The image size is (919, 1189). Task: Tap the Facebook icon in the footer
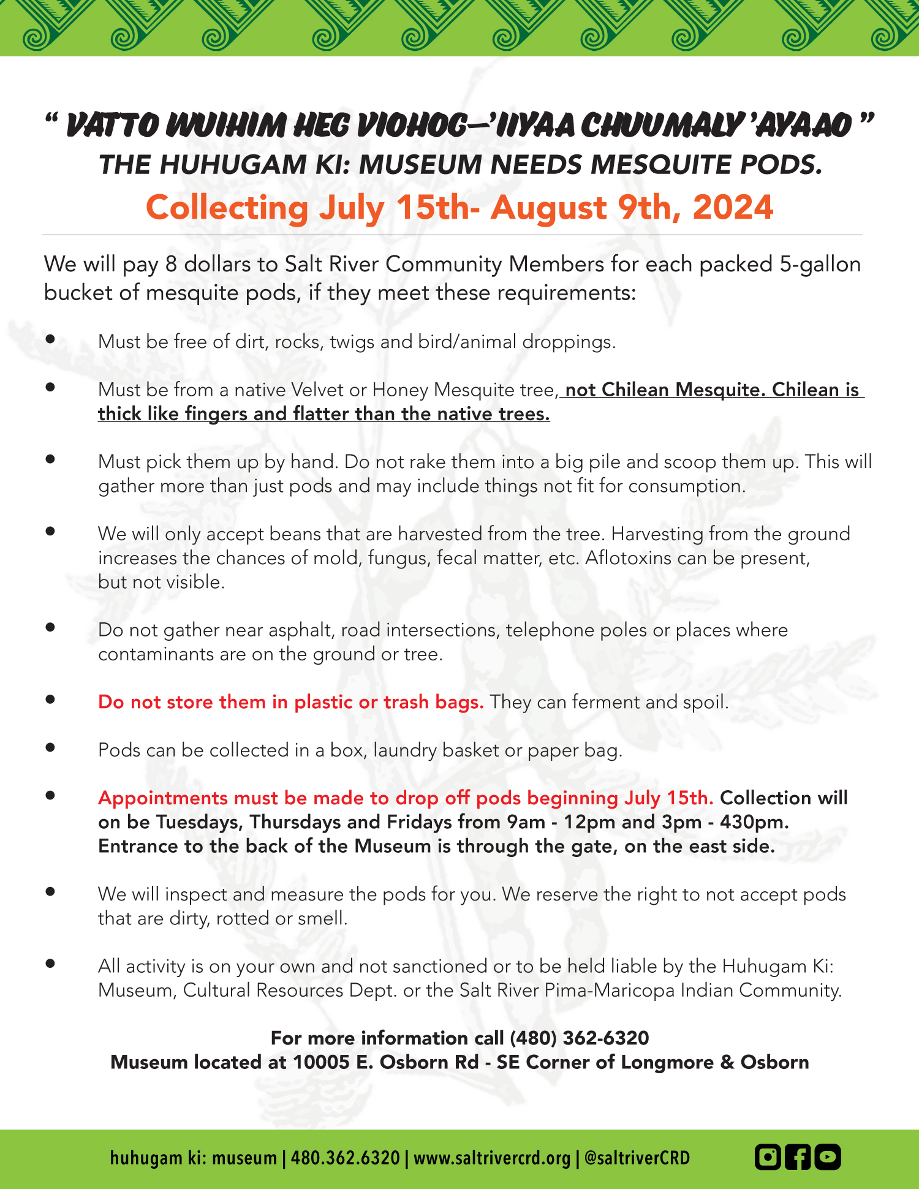pyautogui.click(x=798, y=1157)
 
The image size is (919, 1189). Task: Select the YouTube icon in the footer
pyautogui.click(x=828, y=1157)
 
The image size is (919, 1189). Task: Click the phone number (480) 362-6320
pyautogui.click(x=579, y=1038)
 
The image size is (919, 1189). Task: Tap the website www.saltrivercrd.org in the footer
pyautogui.click(x=492, y=1158)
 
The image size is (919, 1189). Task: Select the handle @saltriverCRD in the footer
pyautogui.click(x=637, y=1158)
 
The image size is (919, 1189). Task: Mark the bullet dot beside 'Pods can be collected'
pyautogui.click(x=51, y=747)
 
